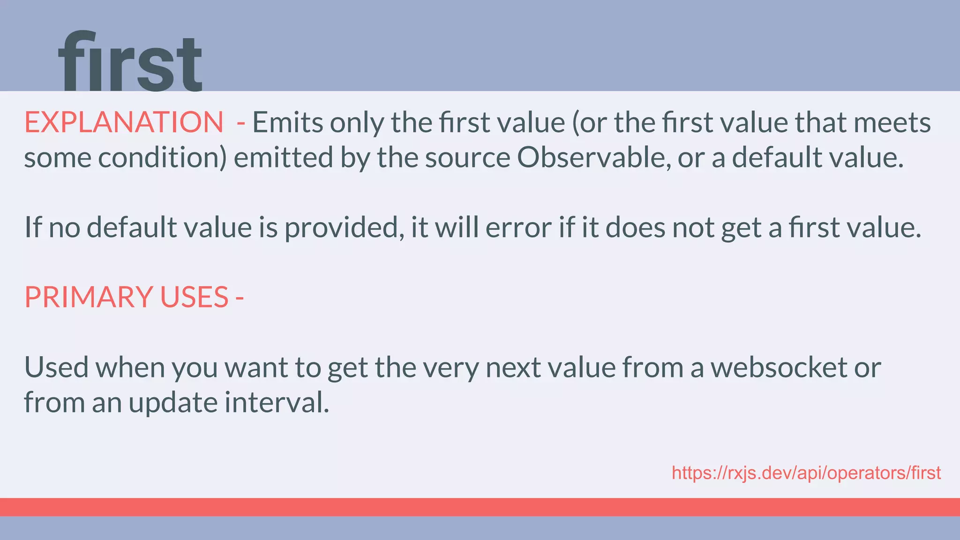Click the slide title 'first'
tap(130, 62)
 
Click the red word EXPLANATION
tap(124, 122)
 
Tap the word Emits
tap(288, 122)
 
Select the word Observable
tap(591, 157)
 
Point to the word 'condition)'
tap(162, 157)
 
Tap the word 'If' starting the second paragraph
tap(33, 228)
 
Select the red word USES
tap(194, 297)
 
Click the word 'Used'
tap(56, 367)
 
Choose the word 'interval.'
tap(277, 402)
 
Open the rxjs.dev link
tap(806, 473)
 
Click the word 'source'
tap(467, 158)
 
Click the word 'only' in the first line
tap(357, 123)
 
